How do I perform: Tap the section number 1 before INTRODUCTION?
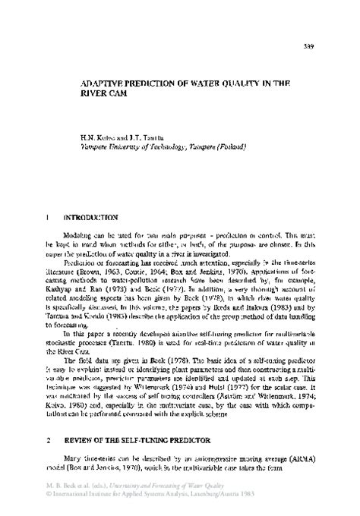pos(48,217)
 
